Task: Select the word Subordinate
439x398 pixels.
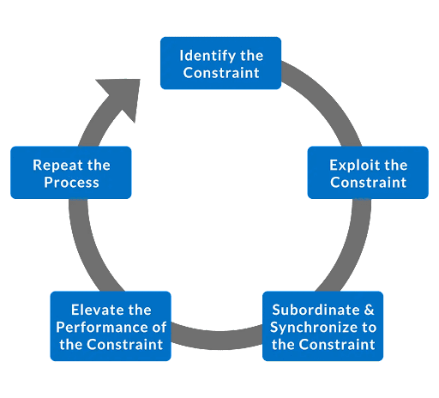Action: click(x=316, y=310)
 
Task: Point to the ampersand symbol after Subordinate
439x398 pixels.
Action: click(x=369, y=310)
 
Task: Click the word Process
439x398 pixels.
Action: click(x=71, y=183)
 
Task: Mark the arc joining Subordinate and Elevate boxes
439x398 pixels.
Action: click(x=217, y=340)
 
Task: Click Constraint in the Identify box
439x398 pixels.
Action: click(x=221, y=73)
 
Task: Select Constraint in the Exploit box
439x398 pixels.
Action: click(x=369, y=183)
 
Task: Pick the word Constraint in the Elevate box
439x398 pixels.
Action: click(x=125, y=345)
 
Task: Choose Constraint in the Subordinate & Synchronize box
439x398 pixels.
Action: click(x=337, y=345)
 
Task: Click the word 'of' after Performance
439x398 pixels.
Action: click(x=159, y=328)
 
